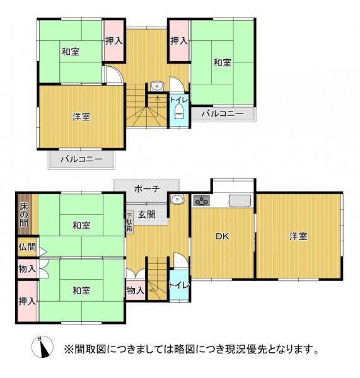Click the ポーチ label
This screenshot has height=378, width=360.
coord(146,188)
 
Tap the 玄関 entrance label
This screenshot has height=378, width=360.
coord(147,214)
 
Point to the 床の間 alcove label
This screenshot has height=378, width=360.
coord(23,215)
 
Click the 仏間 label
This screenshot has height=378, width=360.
coord(27,248)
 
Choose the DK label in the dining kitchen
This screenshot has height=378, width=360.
coord(221,237)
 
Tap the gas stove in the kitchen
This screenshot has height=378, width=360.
coord(202,202)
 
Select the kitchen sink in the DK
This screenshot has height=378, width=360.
coord(240,201)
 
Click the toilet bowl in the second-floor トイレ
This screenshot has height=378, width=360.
coord(178,112)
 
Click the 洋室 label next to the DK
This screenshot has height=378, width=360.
coord(299,236)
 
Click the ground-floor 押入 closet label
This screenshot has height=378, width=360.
coord(27,302)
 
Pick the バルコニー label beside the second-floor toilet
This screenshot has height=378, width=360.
coord(224,115)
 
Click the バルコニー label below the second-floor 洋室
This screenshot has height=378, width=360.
coord(81,159)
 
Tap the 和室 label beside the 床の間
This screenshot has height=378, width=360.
coord(80,225)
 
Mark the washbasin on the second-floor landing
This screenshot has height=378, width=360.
coord(157,86)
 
